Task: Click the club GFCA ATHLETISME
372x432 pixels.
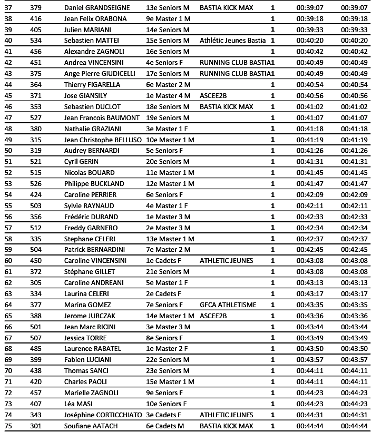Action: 228,305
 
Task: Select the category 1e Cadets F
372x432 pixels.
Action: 163,260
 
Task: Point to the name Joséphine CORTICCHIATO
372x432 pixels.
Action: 103,415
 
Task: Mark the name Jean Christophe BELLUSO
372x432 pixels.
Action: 103,140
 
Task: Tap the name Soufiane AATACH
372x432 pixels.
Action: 91,426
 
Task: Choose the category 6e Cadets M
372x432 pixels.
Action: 164,426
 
